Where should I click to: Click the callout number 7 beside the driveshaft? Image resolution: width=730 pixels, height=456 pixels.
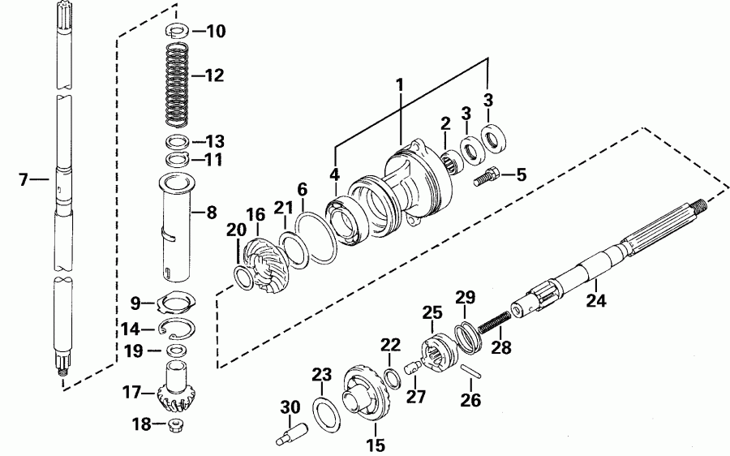23,179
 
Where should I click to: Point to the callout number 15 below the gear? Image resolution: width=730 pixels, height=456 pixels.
376,445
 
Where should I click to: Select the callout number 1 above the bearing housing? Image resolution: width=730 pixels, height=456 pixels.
399,84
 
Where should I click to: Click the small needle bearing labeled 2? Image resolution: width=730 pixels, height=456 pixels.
453,158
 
